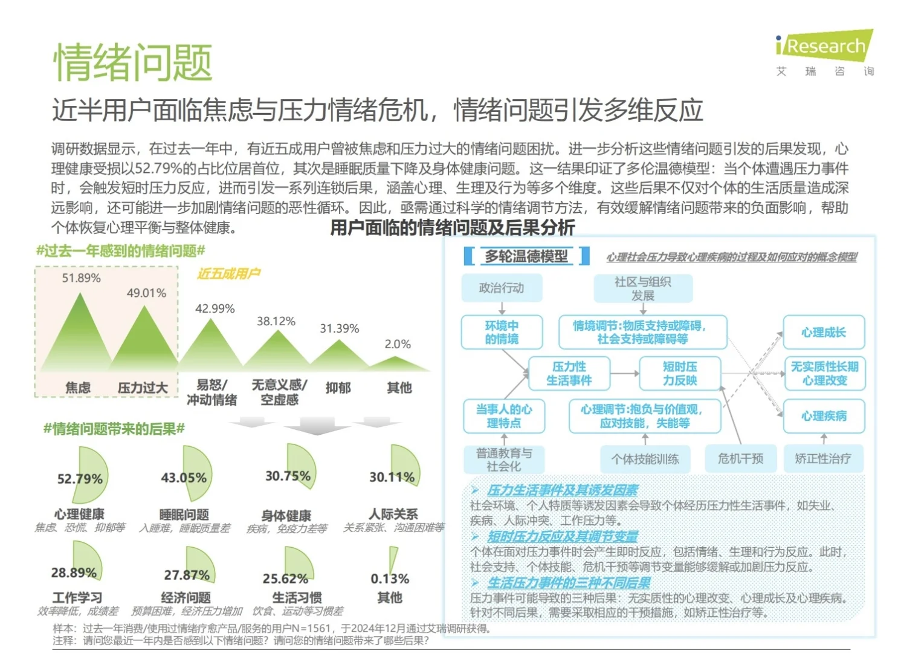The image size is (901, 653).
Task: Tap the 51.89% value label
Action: click(82, 278)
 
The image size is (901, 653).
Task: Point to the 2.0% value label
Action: click(398, 344)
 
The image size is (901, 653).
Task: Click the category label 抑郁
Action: click(338, 388)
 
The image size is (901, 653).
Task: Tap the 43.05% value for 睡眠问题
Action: click(184, 478)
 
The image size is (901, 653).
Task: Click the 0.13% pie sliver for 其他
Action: click(393, 559)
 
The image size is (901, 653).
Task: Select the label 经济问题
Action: click(186, 597)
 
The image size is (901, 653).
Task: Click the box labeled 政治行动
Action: click(502, 288)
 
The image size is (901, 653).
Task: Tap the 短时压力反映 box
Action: click(680, 373)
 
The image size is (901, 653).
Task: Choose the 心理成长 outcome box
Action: click(824, 333)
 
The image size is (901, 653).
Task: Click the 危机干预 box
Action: click(740, 459)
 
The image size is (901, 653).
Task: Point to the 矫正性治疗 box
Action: click(823, 459)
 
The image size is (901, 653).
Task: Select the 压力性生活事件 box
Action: click(569, 373)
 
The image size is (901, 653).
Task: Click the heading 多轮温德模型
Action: click(526, 256)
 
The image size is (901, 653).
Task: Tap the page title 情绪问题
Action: click(133, 62)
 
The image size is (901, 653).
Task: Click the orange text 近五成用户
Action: click(229, 273)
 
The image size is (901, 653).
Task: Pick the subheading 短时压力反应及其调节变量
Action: click(563, 536)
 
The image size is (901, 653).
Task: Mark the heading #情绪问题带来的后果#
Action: click(114, 429)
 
